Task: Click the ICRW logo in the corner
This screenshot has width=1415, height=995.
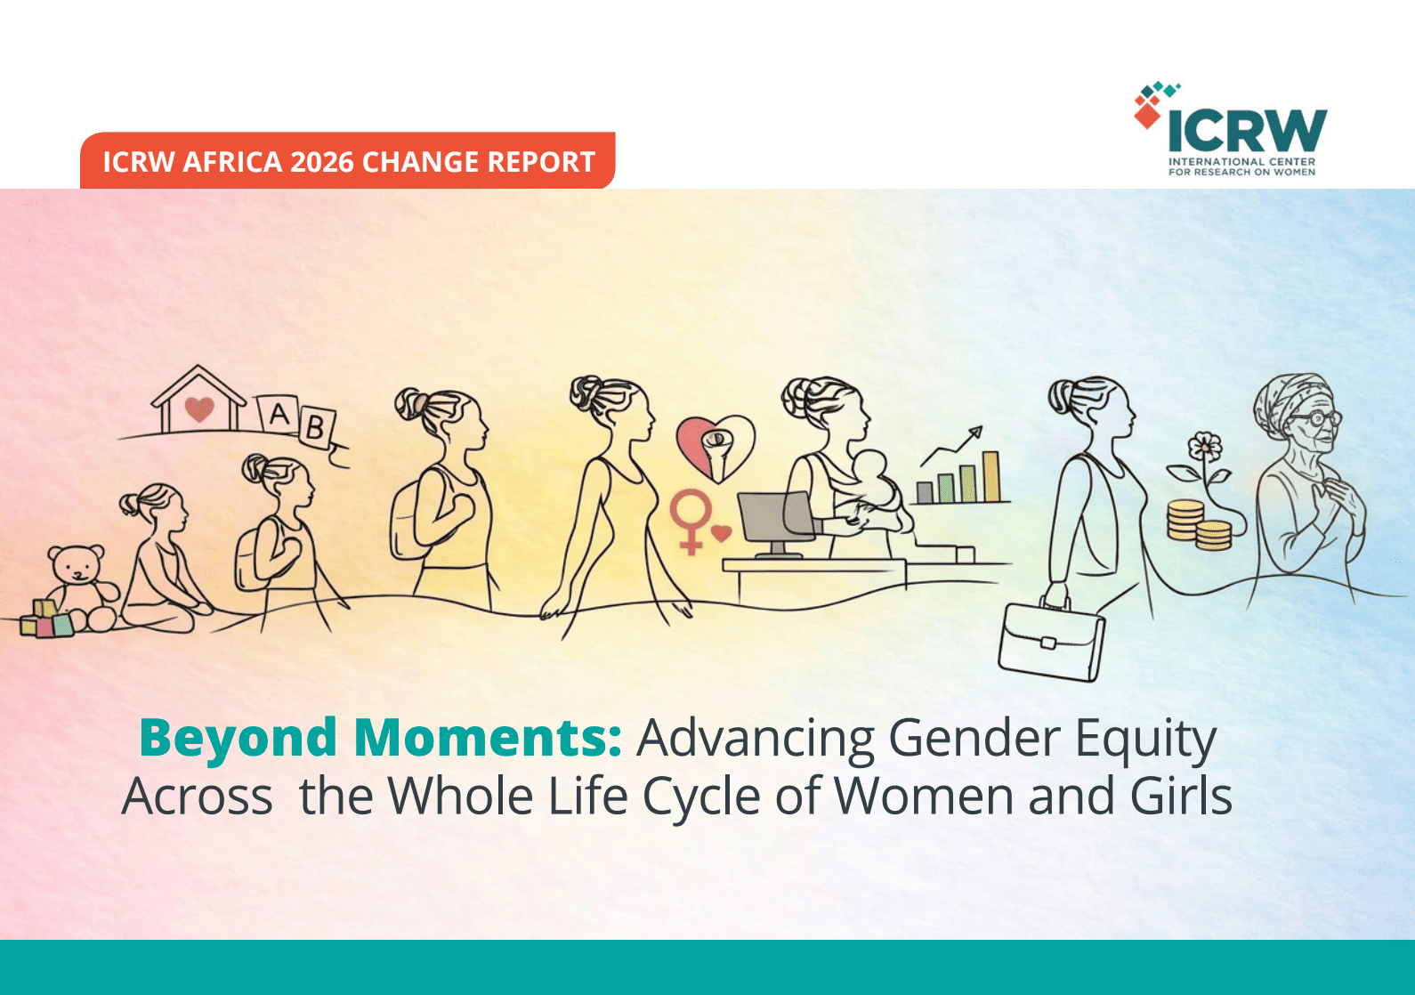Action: [1230, 130]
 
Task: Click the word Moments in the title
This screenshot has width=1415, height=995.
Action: [488, 737]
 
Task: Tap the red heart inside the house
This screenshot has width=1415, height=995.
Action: [199, 409]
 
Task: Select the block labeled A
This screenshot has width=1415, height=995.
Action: [278, 415]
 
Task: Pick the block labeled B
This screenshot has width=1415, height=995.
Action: [316, 428]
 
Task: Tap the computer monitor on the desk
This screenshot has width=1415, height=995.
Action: [776, 523]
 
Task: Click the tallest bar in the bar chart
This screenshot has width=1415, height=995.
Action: [991, 477]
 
